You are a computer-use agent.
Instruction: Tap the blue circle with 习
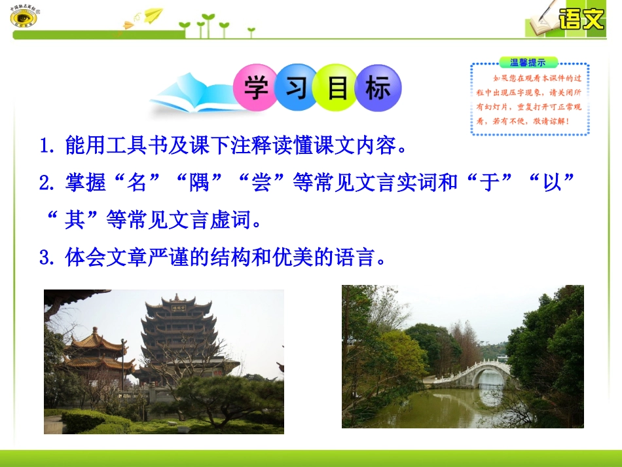pos(297,88)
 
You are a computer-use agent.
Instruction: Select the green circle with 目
pos(337,88)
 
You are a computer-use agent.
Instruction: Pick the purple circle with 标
pos(378,88)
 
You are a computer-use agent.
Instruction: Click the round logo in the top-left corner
pos(24,17)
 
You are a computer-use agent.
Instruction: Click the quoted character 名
pos(137,183)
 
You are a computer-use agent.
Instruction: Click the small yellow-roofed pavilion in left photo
pos(95,347)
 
